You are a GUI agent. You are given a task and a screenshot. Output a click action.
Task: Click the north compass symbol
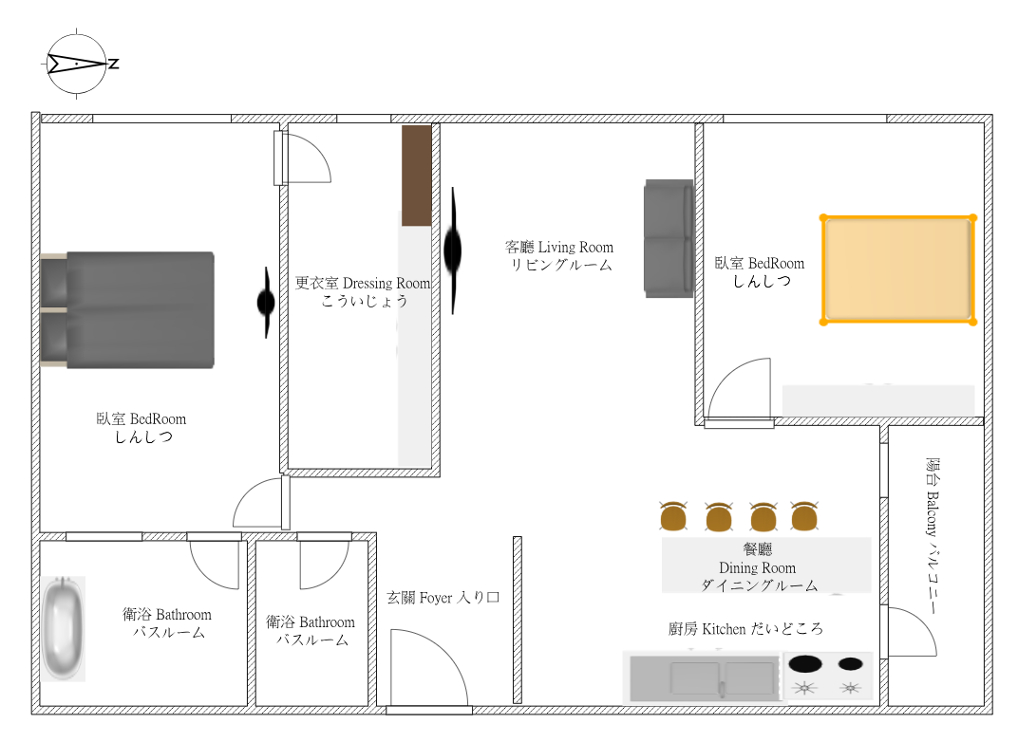coord(77,64)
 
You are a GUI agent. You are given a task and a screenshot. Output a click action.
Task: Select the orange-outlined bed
coord(898,269)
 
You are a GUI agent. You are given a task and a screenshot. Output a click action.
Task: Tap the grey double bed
coord(127,310)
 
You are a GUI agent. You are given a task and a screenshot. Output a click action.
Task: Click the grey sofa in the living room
coord(669,239)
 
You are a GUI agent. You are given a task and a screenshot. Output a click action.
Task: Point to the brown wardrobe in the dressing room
coord(417,176)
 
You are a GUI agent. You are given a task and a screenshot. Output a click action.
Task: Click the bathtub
coord(63,628)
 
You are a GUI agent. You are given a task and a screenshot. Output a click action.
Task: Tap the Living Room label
coord(559,255)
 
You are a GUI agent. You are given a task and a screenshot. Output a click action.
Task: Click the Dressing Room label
coord(363,291)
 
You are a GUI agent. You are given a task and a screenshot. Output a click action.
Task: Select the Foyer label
coord(443,598)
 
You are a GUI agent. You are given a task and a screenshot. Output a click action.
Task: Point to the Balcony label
coord(933,536)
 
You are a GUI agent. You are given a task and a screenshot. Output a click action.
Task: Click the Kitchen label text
coord(745,628)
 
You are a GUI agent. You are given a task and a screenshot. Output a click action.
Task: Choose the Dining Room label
coord(758,567)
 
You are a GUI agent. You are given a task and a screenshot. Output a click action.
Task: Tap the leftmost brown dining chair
coord(673,515)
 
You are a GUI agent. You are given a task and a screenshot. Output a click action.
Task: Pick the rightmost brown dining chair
coord(804,515)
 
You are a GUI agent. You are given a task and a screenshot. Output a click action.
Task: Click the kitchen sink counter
coord(704,677)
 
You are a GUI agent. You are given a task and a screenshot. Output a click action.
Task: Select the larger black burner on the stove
coord(805,663)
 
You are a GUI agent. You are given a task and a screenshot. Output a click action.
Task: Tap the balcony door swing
coord(912,632)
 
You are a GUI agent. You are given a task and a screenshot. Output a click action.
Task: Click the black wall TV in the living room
coord(453,250)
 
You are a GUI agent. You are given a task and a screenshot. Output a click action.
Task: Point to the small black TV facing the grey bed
coord(266,303)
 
